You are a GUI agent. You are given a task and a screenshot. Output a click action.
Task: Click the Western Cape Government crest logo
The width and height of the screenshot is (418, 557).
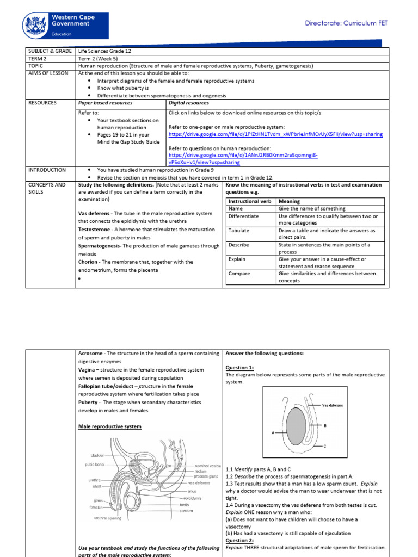coord(35,26)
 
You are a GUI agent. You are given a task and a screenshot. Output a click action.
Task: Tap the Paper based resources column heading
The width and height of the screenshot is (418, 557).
coord(106,102)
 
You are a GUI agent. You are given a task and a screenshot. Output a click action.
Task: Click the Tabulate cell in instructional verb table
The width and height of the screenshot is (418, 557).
coord(239,231)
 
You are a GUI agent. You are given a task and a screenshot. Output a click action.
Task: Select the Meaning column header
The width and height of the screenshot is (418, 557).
coord(289,201)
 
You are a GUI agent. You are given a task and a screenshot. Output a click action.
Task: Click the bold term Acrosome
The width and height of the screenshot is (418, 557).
coord(92,353)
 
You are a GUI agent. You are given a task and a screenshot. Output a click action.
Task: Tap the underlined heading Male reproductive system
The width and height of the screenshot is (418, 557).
coord(110,426)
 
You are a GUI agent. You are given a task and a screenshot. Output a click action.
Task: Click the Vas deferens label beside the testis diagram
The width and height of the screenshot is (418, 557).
coord(333,405)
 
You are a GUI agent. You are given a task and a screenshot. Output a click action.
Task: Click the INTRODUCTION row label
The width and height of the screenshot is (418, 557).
coord(47,170)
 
